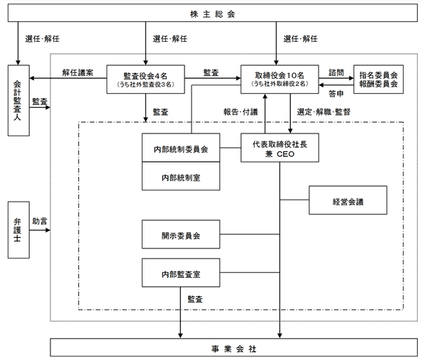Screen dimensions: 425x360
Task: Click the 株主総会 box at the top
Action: (x=213, y=13)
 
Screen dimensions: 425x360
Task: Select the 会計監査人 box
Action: (x=18, y=100)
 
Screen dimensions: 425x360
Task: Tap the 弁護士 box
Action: (x=18, y=230)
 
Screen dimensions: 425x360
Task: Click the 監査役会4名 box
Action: (x=145, y=80)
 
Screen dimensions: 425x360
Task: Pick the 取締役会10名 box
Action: (x=280, y=80)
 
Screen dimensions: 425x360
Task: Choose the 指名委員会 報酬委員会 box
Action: (x=378, y=80)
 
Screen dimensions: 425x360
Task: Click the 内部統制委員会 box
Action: (x=181, y=148)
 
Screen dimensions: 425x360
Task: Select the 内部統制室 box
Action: (x=181, y=176)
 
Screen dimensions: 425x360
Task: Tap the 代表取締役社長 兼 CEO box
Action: (x=280, y=148)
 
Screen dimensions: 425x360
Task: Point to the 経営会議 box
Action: (x=348, y=200)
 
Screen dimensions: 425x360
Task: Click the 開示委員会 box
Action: (x=181, y=234)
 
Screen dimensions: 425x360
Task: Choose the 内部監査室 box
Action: (x=181, y=273)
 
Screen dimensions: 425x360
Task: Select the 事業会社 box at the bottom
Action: (x=233, y=347)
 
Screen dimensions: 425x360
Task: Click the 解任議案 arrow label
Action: (x=77, y=72)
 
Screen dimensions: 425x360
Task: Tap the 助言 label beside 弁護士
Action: (x=40, y=222)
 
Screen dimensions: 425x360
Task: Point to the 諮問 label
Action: (x=336, y=72)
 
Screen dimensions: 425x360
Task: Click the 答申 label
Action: (x=336, y=94)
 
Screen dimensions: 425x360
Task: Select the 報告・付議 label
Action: (x=241, y=111)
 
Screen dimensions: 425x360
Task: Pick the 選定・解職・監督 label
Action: (x=324, y=111)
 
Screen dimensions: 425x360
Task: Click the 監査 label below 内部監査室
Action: (x=195, y=299)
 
